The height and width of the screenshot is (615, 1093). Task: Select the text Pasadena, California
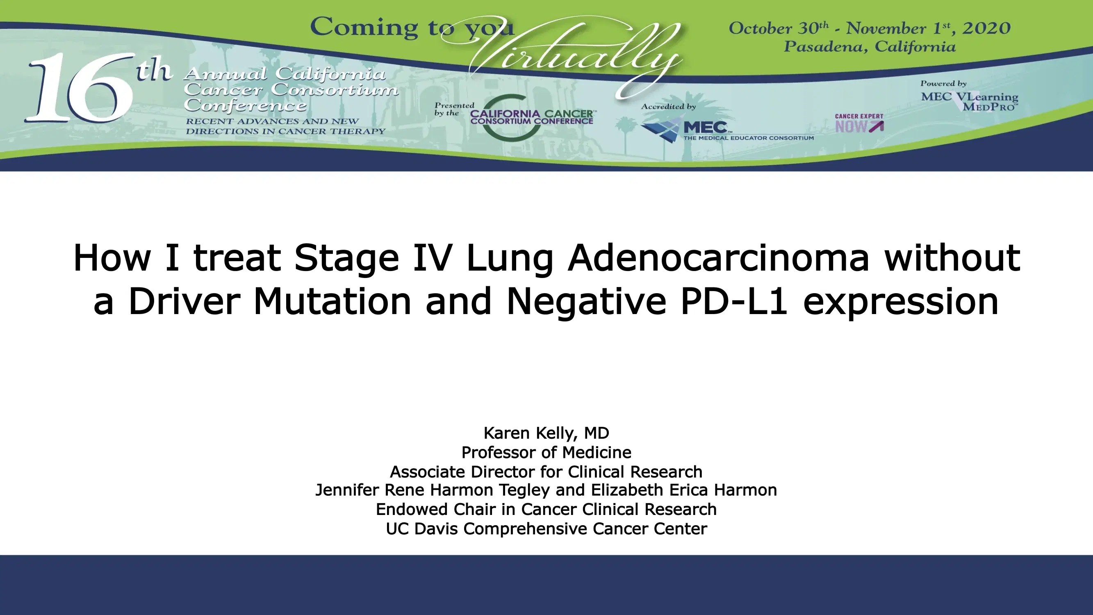[870, 47]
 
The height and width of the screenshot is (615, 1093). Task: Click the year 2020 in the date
[986, 28]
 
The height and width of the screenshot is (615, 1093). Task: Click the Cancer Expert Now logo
[859, 123]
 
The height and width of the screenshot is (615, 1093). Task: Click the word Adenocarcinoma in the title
[718, 257]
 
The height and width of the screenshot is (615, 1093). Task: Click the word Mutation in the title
[332, 301]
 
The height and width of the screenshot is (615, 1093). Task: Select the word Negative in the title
[586, 301]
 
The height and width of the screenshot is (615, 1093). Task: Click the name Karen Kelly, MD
[546, 433]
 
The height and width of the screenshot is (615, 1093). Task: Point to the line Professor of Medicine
[546, 453]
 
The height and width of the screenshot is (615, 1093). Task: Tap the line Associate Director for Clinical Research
[546, 471]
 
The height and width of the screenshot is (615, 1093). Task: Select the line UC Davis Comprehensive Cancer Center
[546, 529]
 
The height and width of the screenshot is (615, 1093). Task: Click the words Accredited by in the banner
[668, 107]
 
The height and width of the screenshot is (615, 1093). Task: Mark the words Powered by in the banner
[943, 84]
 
